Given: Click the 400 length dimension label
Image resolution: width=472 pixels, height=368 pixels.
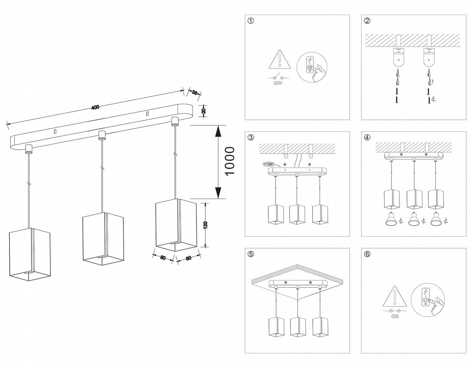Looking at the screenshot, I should pyautogui.click(x=95, y=107).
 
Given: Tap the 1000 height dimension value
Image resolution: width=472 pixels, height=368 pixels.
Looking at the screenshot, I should pyautogui.click(x=230, y=161).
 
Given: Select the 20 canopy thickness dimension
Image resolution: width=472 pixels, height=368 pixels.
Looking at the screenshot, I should pyautogui.click(x=204, y=111).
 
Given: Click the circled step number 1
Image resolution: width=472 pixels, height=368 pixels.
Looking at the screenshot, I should pyautogui.click(x=250, y=21).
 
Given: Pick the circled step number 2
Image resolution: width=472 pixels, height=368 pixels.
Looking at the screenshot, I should pyautogui.click(x=367, y=21).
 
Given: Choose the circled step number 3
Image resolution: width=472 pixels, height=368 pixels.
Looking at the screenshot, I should pyautogui.click(x=250, y=137).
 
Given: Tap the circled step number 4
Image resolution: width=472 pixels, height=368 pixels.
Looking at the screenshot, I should pyautogui.click(x=367, y=137).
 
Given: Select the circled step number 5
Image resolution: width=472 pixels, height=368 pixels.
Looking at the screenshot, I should pyautogui.click(x=250, y=254).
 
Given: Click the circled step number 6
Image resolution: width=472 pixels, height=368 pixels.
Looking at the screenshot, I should pyautogui.click(x=367, y=254).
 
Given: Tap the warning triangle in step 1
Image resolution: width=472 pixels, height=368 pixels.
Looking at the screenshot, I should pyautogui.click(x=279, y=60).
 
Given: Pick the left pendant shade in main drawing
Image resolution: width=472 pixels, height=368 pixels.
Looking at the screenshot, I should pyautogui.click(x=31, y=254).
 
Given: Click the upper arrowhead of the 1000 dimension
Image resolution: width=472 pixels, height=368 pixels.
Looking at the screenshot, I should pyautogui.click(x=218, y=131).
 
